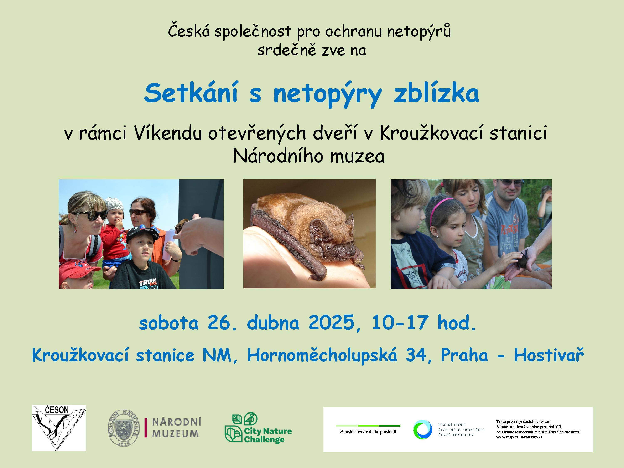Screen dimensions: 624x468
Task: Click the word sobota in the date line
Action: point(169,323)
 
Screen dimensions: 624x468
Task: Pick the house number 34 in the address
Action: point(416,355)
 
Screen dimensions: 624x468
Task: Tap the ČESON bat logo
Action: point(59,428)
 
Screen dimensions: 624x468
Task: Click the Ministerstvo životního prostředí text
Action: point(368,432)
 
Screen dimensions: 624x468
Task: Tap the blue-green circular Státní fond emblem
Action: point(422,429)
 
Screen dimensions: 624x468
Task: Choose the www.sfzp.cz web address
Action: point(531,437)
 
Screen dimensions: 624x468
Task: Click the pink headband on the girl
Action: point(439,207)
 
